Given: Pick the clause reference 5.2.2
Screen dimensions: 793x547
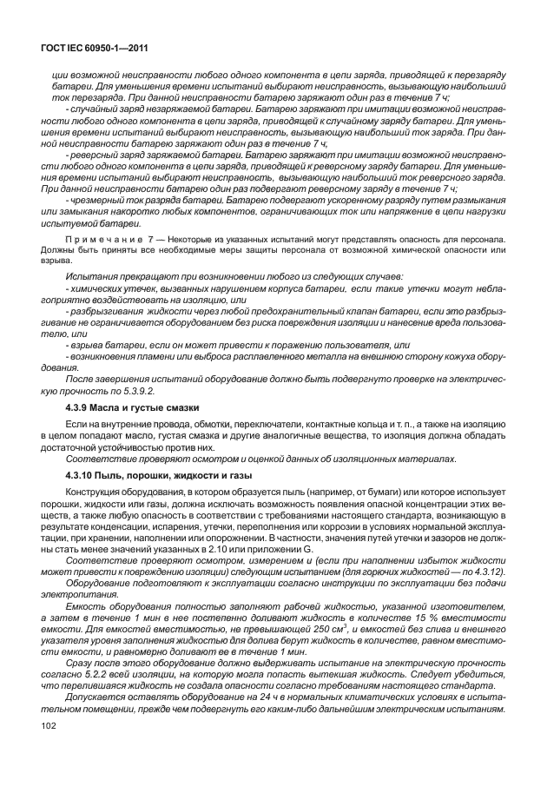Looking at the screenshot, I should click(x=99, y=686).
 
